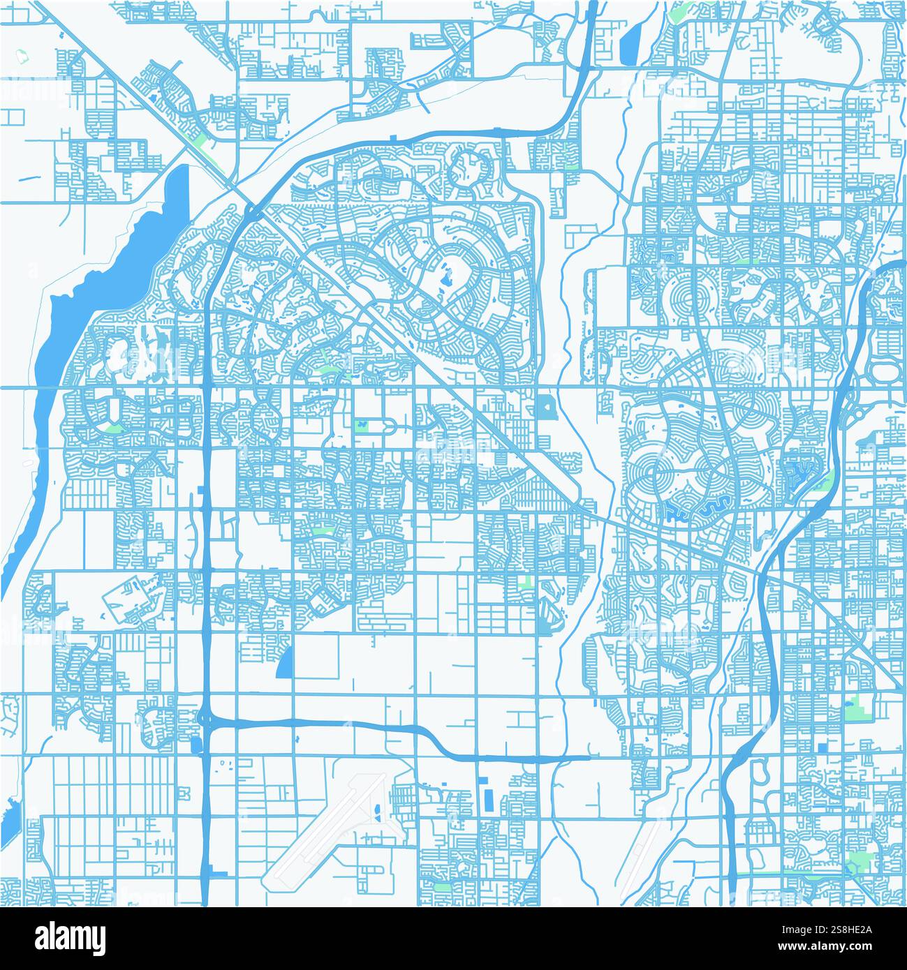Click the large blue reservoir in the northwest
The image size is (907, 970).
(105, 279)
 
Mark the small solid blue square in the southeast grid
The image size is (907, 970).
(821, 747)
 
